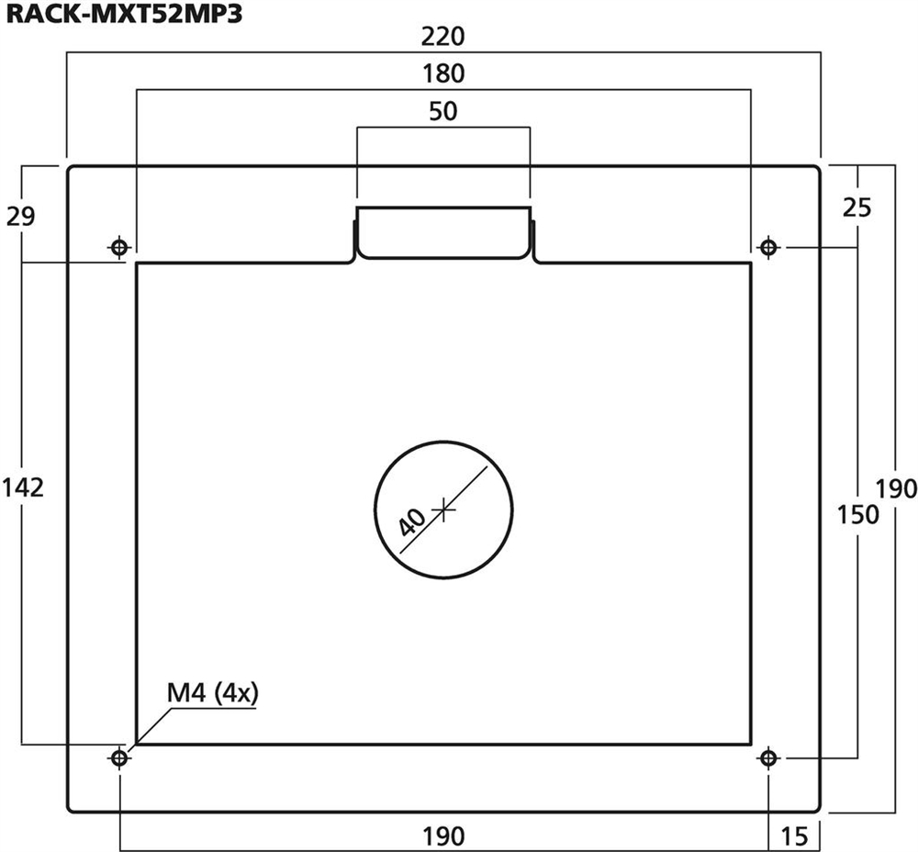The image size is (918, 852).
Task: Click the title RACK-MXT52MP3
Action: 124,14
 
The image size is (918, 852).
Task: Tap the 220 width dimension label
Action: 443,37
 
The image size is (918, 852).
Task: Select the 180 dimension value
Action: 443,73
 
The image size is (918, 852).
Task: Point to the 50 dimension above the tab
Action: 443,111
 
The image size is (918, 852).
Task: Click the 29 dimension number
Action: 21,216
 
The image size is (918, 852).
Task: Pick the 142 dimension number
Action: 24,488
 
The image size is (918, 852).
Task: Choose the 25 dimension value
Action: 857,207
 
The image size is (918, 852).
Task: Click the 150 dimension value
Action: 857,515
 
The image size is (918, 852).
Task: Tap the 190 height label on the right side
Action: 896,488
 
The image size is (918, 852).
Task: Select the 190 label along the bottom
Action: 443,836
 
